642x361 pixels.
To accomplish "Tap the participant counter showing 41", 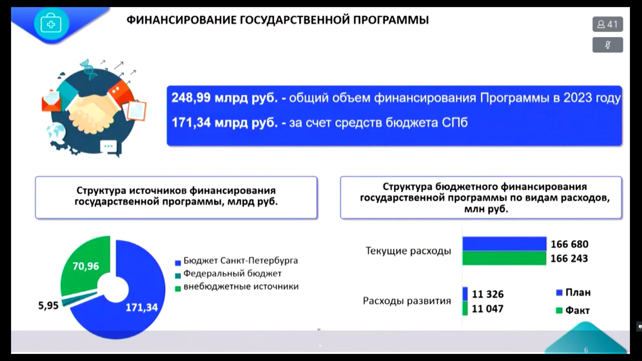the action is tap(608, 24).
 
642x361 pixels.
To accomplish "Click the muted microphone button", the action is tap(608, 45).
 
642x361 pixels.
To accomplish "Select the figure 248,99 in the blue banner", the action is tap(191, 98).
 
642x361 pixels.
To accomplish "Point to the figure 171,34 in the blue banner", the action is tap(191, 123).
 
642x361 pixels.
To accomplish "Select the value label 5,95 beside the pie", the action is tap(48, 306).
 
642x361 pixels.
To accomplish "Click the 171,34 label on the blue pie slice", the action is tap(141, 308).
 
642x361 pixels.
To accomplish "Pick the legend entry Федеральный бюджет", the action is tap(228, 274).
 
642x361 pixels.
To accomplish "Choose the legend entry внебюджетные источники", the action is tap(237, 287).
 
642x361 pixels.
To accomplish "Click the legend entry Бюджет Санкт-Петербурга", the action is tap(236, 261).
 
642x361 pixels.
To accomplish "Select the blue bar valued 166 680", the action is tap(504, 244).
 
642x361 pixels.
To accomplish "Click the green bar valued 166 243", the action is tap(504, 258).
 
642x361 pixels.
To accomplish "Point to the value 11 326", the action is tap(488, 294).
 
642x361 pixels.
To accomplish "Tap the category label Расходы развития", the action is tap(407, 301).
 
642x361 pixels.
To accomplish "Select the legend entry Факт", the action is tap(573, 311).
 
